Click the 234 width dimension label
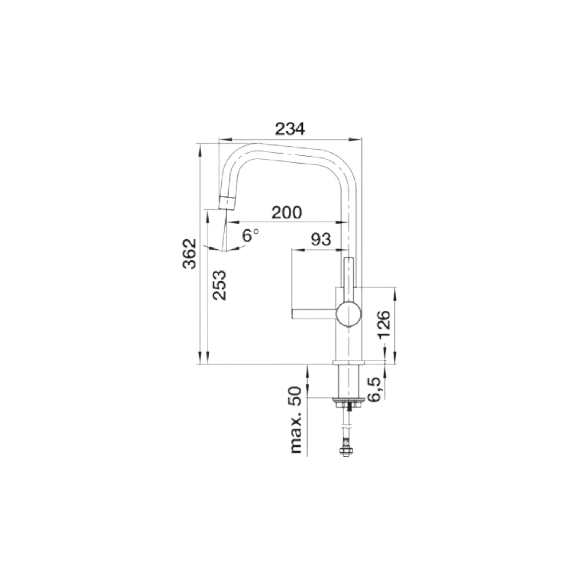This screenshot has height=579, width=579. [x=290, y=129]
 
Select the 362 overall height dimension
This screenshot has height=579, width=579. [x=190, y=254]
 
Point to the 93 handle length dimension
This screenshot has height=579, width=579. [x=321, y=240]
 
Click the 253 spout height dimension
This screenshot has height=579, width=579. [x=219, y=285]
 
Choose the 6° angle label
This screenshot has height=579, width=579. [x=250, y=235]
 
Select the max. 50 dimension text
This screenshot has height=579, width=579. [x=296, y=419]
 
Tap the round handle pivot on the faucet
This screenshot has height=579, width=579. [x=348, y=314]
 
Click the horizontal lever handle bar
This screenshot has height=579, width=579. [x=314, y=314]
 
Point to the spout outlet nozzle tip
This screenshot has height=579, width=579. [x=227, y=203]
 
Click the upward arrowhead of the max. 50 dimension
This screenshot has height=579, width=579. [x=307, y=371]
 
